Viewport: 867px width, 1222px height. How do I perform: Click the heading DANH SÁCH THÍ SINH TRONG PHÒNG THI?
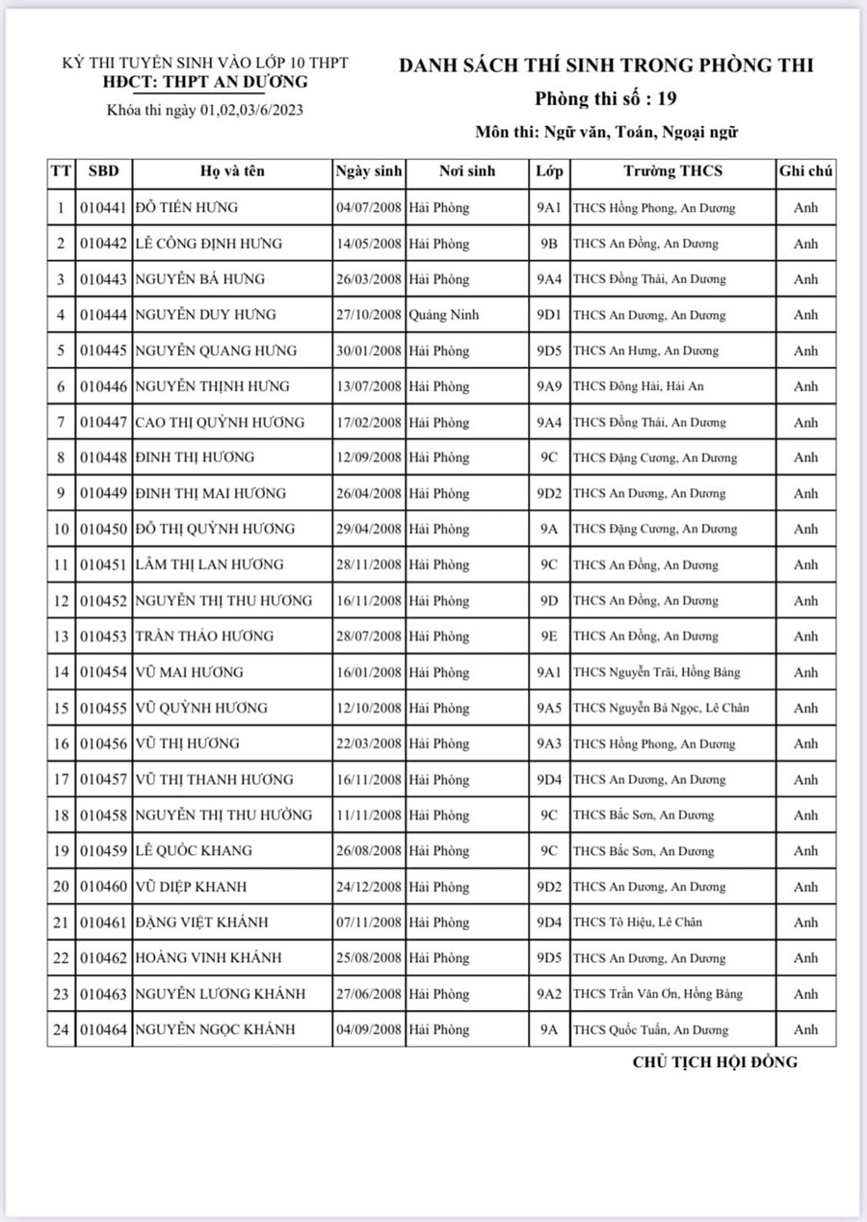[x=606, y=65]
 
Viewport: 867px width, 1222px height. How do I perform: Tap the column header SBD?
[x=103, y=171]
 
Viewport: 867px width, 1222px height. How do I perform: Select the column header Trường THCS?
[x=672, y=171]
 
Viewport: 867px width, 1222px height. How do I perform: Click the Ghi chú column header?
[x=805, y=171]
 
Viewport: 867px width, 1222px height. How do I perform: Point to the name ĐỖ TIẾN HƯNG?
[x=187, y=208]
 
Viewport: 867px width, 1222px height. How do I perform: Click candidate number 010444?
[x=103, y=315]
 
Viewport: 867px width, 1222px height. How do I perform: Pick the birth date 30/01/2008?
[x=369, y=351]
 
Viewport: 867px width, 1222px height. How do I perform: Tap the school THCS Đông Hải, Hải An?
[x=639, y=386]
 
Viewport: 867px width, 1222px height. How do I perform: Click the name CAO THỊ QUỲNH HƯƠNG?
[x=220, y=422]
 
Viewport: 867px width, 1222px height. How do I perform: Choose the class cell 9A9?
[x=549, y=386]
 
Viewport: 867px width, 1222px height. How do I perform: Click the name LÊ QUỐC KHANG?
[x=194, y=850]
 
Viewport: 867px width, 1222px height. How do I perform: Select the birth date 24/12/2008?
[x=369, y=886]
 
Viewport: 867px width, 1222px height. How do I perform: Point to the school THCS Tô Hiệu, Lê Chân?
[x=638, y=922]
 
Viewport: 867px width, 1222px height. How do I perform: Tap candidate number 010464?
[x=103, y=1029]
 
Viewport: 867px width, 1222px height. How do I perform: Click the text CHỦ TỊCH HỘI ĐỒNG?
[x=715, y=1062]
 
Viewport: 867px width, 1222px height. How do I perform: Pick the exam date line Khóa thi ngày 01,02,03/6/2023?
[x=205, y=110]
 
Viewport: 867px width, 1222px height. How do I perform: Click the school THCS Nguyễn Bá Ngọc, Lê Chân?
[x=661, y=708]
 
